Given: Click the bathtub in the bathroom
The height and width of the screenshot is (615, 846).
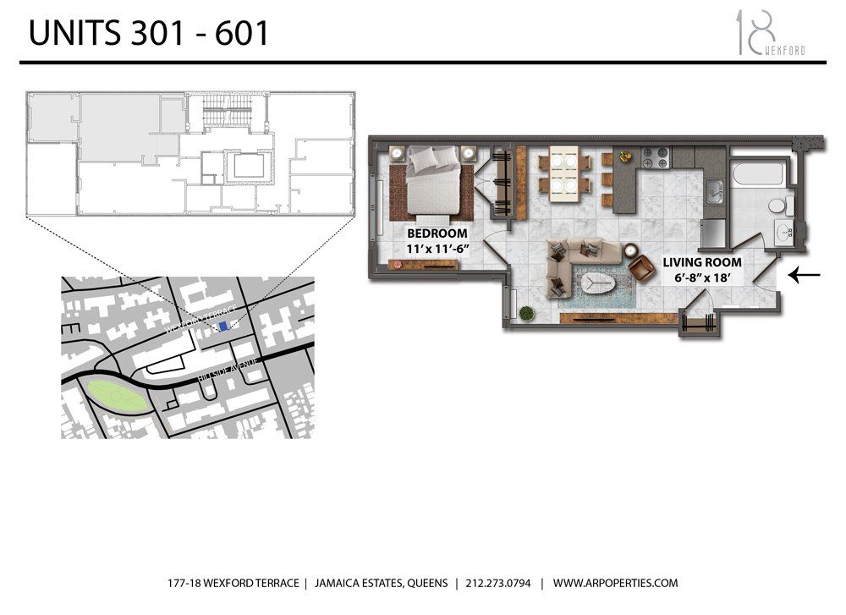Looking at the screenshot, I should [756, 174].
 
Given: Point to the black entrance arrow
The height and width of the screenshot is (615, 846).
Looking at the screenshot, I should [803, 274].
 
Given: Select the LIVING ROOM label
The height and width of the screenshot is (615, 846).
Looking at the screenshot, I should [702, 262].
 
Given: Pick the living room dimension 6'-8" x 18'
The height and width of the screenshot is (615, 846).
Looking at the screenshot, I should [702, 277].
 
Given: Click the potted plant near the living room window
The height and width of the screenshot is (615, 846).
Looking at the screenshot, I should [526, 312].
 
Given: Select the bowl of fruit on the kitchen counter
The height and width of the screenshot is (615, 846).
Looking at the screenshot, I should [625, 156].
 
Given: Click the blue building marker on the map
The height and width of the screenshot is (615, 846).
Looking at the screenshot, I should [223, 327].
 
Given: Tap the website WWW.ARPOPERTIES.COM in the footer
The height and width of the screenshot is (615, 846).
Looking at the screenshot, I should [616, 583].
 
